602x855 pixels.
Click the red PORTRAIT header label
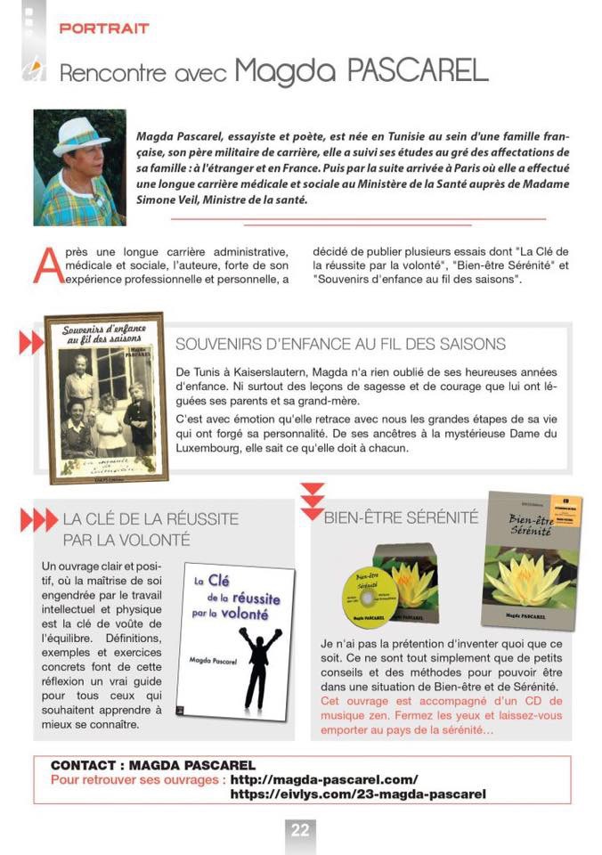tap(103, 28)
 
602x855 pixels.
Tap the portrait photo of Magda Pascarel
tap(79, 167)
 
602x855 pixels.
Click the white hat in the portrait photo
tap(81, 134)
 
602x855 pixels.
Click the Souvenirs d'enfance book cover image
tap(106, 397)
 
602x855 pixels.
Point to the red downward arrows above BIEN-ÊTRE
tap(312, 501)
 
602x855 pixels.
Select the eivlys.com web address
tap(358, 794)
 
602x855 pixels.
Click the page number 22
tap(300, 830)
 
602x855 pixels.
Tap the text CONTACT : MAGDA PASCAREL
tap(153, 765)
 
